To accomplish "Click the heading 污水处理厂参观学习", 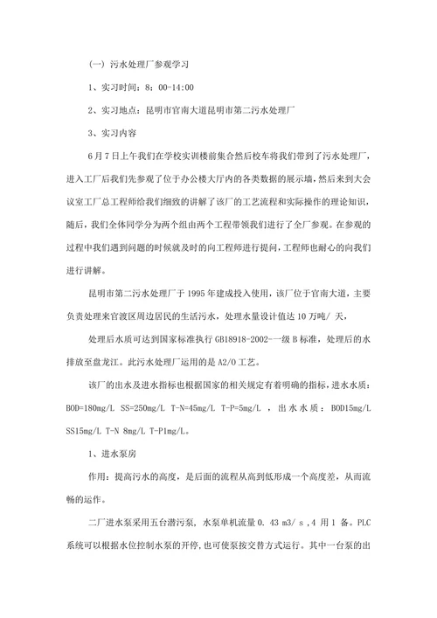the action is pyautogui.click(x=153, y=65).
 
